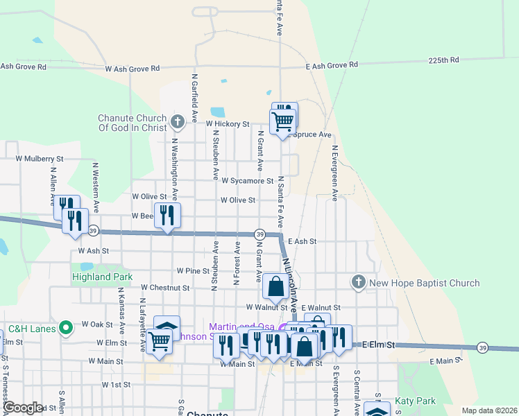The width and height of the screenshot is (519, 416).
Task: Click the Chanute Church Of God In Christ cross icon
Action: pos(178,123)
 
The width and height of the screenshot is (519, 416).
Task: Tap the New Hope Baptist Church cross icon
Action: pos(358,281)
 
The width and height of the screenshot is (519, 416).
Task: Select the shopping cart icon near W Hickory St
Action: pos(283,121)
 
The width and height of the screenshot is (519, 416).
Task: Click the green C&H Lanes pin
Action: pos(66,327)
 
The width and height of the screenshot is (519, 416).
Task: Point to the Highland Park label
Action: pos(102,277)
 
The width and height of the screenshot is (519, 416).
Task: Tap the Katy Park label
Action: pos(415,401)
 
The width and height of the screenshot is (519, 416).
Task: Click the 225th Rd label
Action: pos(443,60)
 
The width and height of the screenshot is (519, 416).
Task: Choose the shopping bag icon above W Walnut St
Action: pos(275,286)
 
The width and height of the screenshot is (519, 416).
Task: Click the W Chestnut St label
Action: pos(164,287)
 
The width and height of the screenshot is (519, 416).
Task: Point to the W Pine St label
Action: pos(193,270)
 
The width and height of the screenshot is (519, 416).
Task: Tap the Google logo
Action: pos(22,408)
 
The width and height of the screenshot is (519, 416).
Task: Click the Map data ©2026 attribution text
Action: pos(488,410)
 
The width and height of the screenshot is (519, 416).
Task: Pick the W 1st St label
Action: pos(116,384)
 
